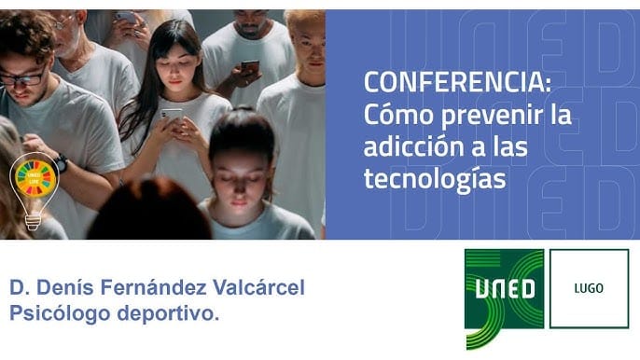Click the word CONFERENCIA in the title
[454, 83]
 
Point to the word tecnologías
[434, 178]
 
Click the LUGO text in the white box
[588, 288]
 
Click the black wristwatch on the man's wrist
[60, 162]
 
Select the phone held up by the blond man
[250, 67]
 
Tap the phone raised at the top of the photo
[125, 17]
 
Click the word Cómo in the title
[388, 116]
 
